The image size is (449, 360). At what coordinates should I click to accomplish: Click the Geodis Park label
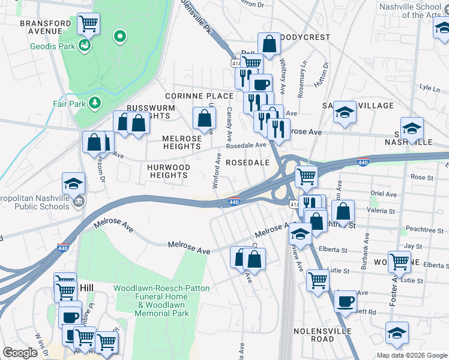[x=53, y=46]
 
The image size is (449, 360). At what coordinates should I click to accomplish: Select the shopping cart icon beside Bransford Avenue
[x=88, y=25]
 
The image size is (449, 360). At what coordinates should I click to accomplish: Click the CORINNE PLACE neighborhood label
[x=199, y=96]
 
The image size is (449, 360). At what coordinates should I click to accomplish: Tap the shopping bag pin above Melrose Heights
[x=204, y=118]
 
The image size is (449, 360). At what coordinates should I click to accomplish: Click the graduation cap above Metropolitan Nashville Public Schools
[x=73, y=183]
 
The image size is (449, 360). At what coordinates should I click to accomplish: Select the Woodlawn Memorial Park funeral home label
[x=162, y=301]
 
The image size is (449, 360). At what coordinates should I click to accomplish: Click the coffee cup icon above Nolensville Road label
[x=346, y=301]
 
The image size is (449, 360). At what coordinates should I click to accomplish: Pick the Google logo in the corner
[x=20, y=353]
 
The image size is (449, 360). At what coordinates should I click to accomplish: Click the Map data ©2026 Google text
[x=411, y=355]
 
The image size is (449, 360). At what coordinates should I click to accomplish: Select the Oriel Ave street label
[x=384, y=194]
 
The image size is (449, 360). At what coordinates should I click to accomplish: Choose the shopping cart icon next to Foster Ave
[x=399, y=261]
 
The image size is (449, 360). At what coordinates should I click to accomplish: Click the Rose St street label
[x=422, y=177]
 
